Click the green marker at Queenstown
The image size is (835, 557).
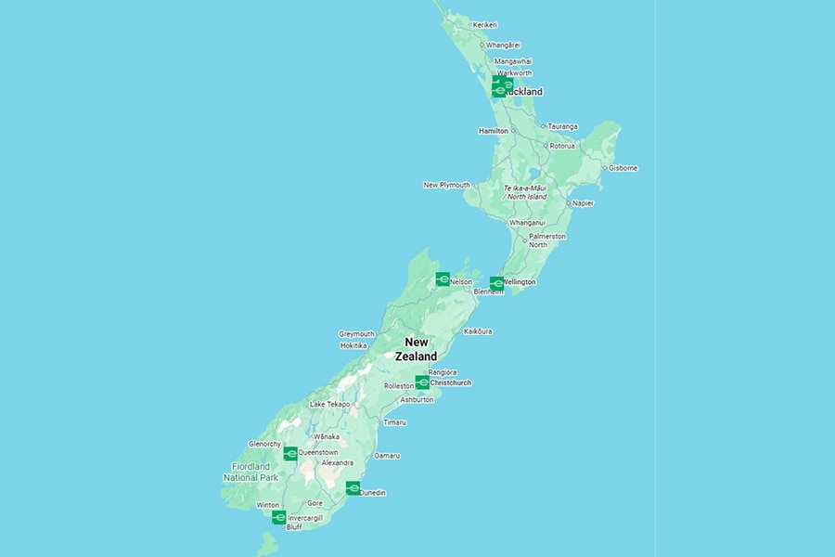(290, 453)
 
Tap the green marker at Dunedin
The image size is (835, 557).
(353, 488)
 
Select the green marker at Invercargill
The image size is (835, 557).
(278, 517)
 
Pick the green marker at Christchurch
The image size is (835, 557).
(422, 382)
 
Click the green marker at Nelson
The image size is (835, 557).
(443, 278)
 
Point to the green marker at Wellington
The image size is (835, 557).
(496, 282)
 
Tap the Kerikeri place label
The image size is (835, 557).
(485, 24)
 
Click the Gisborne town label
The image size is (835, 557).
(623, 168)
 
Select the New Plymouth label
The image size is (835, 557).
(446, 185)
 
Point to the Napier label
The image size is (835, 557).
(583, 202)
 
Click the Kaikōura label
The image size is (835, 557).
(478, 331)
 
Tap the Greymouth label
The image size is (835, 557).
(356, 333)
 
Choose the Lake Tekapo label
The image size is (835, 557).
(329, 404)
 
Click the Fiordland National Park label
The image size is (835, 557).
(250, 472)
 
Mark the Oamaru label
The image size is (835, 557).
(387, 455)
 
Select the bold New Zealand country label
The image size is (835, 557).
(416, 349)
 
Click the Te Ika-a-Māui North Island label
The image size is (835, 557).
(525, 192)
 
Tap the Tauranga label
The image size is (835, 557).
(562, 126)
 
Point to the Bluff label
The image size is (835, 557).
(294, 526)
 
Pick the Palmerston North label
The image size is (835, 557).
(546, 240)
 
